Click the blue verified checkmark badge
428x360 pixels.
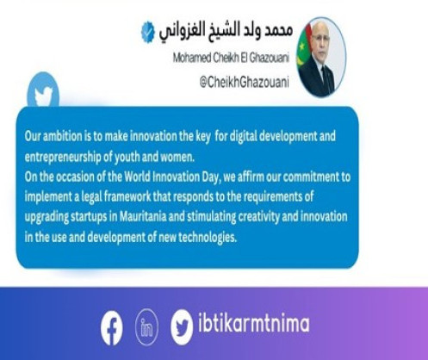coord(148,32)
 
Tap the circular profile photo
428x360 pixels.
coord(321,57)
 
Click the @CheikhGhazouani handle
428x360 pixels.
coord(244,83)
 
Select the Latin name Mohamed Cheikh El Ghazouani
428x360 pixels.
coord(231,58)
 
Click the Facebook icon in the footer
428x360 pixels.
coord(112,328)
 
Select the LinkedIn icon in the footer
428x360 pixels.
coord(146,327)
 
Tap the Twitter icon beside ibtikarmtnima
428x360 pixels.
coord(182,327)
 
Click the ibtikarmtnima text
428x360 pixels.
coord(254,323)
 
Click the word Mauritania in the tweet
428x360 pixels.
coord(143,216)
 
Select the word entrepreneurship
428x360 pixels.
coord(63,158)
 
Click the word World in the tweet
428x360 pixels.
coord(137,177)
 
